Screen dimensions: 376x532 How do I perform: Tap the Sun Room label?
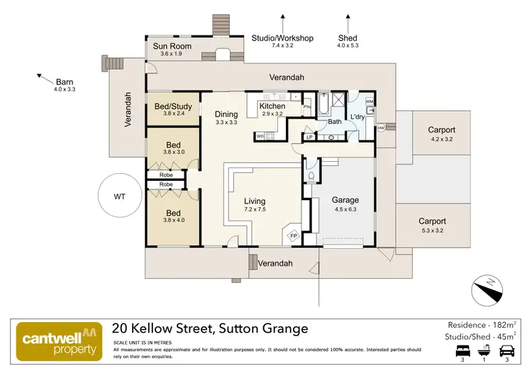(x=172, y=47)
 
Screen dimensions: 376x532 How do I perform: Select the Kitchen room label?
(x=272, y=106)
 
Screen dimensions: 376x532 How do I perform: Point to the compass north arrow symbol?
(x=487, y=289)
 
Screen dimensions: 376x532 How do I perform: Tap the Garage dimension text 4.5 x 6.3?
(x=345, y=209)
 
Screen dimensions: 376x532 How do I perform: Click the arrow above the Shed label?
(x=348, y=21)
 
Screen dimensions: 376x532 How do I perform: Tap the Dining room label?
(x=226, y=114)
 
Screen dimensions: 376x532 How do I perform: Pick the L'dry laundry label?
(x=357, y=116)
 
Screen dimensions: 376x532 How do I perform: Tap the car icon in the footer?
(x=508, y=350)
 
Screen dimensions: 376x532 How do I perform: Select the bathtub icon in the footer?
(x=484, y=350)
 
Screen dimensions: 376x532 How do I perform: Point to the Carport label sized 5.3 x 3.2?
(x=432, y=221)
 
